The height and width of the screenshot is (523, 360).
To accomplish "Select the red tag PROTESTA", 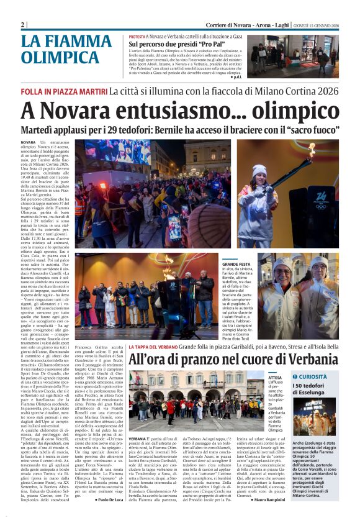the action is [x=137, y=37].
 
